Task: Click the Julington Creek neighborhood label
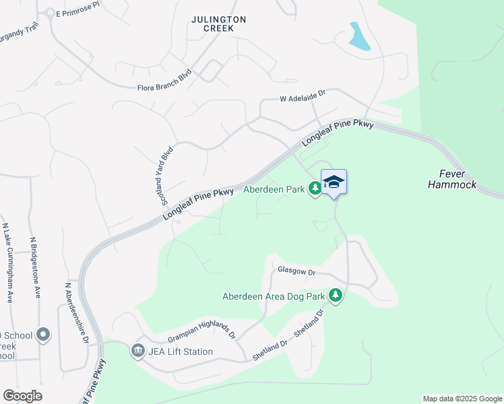coord(212,24)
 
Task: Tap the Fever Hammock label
coord(451,178)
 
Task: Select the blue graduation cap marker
coord(334,182)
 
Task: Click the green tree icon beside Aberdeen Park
coord(315,189)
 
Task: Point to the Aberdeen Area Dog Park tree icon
coord(335,296)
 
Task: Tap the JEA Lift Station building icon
coord(138,351)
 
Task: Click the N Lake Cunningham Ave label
coord(7,262)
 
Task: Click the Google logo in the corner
coord(22,395)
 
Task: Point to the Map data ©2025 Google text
coord(462,399)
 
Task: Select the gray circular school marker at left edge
coord(44,335)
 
